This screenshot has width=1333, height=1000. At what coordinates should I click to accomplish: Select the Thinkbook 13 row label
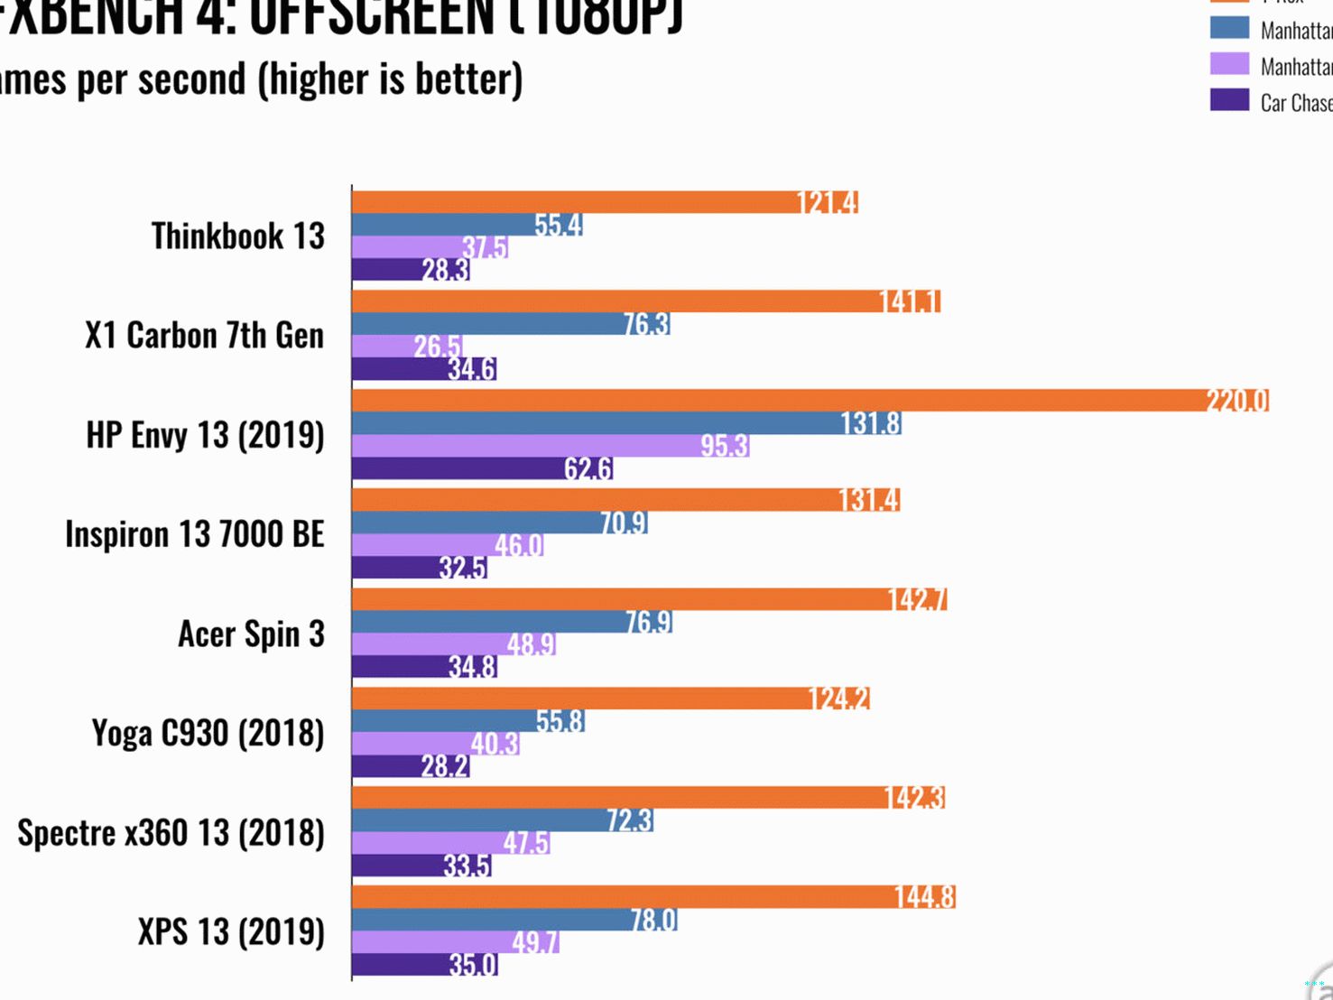[237, 236]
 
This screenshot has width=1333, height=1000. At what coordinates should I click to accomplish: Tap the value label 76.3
[646, 324]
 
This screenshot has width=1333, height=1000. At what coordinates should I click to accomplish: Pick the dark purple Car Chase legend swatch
[1229, 100]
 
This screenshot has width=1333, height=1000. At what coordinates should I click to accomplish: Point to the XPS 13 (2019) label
[231, 932]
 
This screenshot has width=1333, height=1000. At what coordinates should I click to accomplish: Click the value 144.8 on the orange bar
[924, 897]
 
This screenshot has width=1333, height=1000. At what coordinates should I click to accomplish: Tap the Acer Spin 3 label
[251, 634]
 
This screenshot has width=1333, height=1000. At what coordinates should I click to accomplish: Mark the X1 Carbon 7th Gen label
[204, 336]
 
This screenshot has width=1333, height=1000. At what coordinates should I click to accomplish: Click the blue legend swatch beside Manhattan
[1229, 28]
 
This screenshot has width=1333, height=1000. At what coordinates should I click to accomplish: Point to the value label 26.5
[437, 347]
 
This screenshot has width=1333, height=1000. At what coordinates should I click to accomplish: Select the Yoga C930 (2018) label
[208, 734]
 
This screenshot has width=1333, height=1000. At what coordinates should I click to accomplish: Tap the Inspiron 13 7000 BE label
[194, 534]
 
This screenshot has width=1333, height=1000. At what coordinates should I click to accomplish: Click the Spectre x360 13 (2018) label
[171, 833]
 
